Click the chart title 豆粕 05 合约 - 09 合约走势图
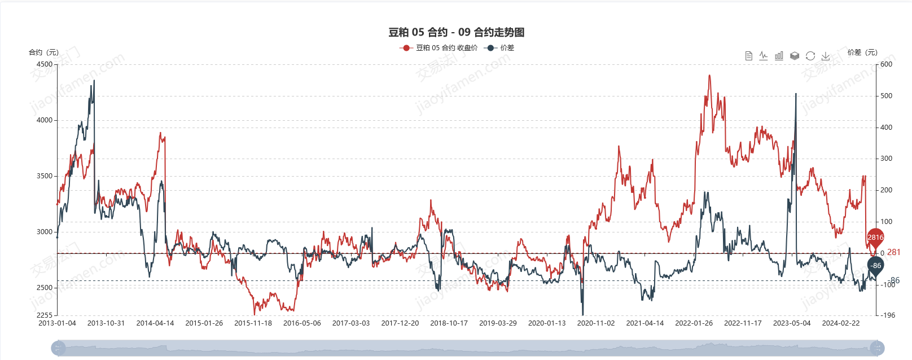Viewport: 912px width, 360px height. click(456, 32)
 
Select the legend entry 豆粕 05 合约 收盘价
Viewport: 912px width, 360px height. click(440, 48)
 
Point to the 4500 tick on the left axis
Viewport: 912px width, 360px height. click(45, 64)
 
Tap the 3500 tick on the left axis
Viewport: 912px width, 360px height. click(45, 176)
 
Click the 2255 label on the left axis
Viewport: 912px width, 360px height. click(45, 315)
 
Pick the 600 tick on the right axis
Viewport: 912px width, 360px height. click(887, 64)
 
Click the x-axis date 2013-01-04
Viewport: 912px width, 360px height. click(57, 323)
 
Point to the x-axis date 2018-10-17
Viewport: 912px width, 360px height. click(449, 323)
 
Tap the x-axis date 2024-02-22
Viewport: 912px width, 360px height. click(840, 323)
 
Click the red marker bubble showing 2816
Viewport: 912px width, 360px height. click(875, 238)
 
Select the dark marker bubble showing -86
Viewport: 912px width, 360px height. click(875, 265)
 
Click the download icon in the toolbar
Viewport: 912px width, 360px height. click(826, 56)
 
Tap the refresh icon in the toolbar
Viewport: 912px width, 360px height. click(810, 56)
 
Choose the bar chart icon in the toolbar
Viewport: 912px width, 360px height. click(779, 56)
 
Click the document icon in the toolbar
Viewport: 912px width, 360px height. click(748, 56)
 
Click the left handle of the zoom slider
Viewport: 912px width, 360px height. click(58, 348)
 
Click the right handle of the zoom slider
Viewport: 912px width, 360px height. click(877, 348)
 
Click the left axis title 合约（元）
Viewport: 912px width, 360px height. click(43, 52)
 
